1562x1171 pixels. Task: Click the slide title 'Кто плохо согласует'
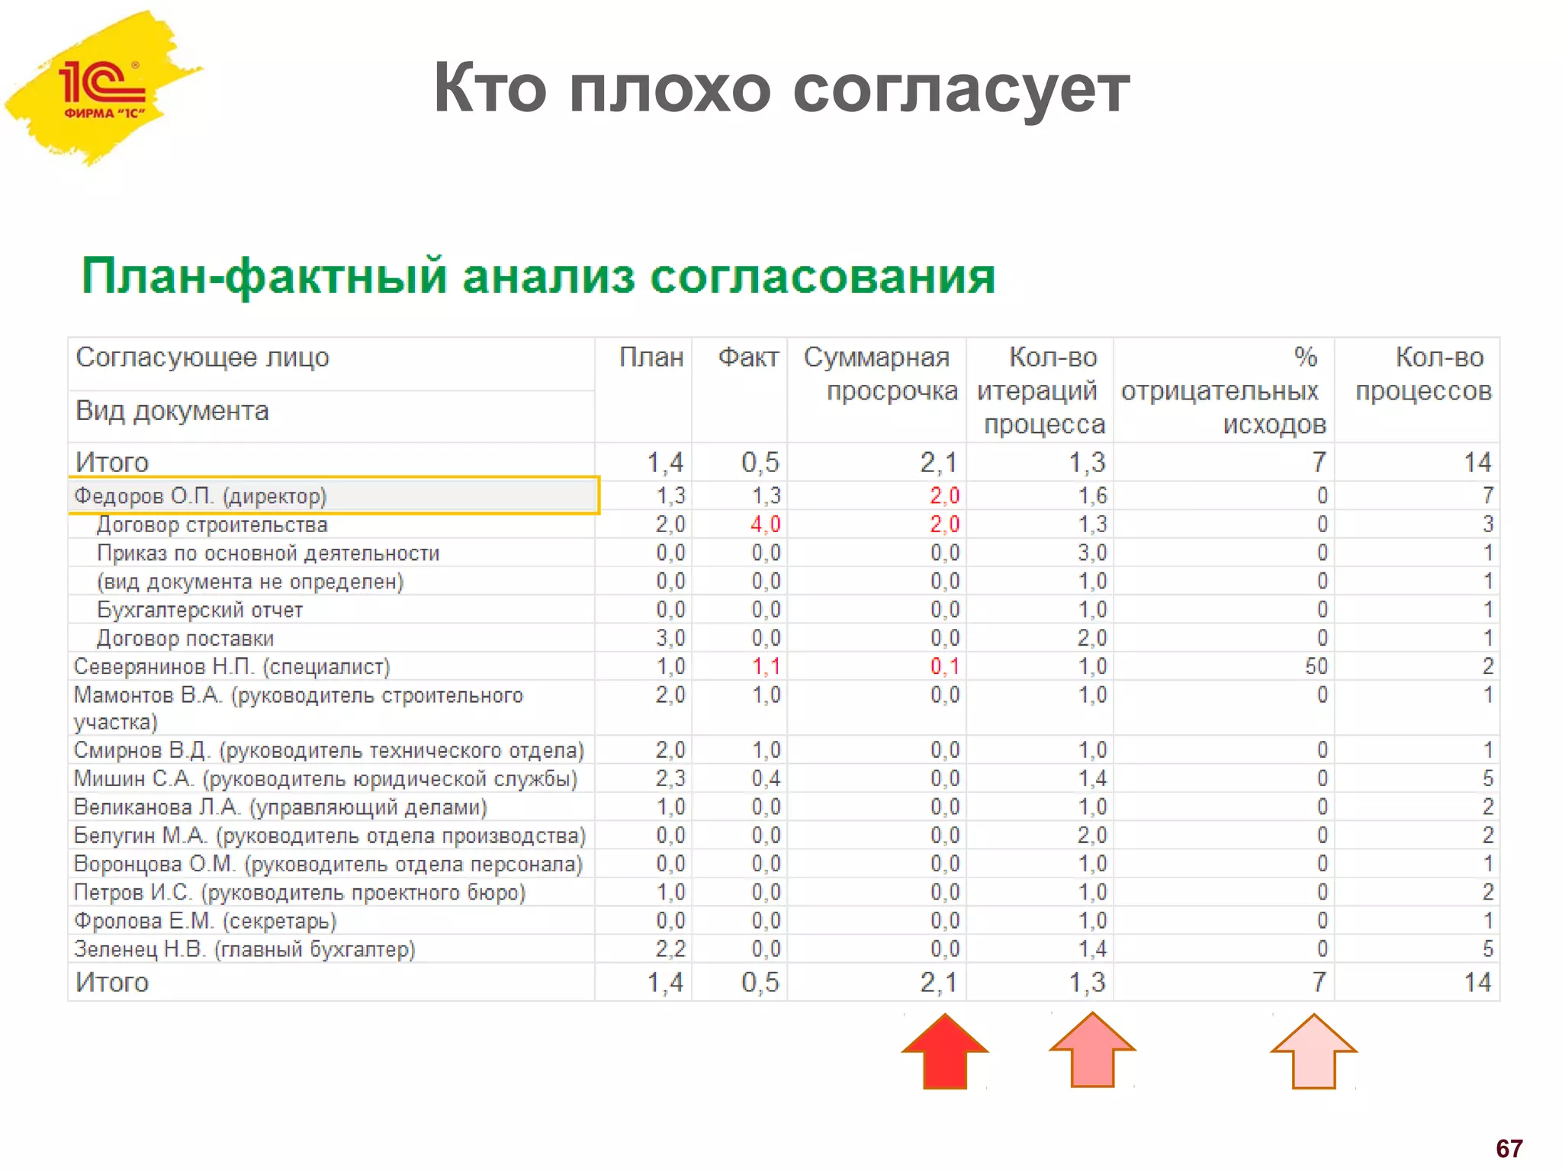point(781,89)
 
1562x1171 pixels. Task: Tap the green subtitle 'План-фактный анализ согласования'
point(538,275)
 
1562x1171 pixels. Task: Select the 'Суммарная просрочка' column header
point(879,374)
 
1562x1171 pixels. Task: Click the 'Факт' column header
point(747,357)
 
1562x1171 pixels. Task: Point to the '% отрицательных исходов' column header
point(1223,390)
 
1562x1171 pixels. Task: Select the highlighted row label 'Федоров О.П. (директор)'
point(201,496)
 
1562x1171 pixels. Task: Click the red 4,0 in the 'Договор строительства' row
point(765,525)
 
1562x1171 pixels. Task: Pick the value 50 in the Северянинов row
point(1316,666)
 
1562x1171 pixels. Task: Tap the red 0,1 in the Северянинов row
point(944,666)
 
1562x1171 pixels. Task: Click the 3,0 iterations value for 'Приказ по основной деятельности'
point(1091,553)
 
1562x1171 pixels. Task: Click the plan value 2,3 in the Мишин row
point(670,778)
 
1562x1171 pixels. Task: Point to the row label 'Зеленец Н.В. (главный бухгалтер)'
point(244,949)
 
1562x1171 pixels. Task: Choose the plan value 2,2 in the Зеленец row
point(670,949)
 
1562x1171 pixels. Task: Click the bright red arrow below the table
point(945,1052)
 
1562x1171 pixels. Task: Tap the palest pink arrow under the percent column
point(1313,1052)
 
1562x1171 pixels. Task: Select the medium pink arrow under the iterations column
point(1092,1051)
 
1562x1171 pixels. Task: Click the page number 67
point(1509,1148)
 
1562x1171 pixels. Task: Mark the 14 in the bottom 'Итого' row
point(1477,983)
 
